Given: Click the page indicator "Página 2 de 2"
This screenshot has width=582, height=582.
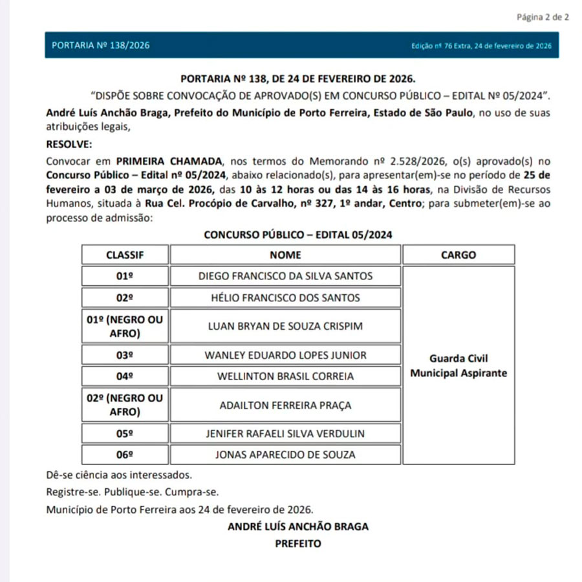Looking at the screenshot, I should click(x=543, y=17).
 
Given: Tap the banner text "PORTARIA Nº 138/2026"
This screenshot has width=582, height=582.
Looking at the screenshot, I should click(x=101, y=46).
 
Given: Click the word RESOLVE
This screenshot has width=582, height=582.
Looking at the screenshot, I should click(x=69, y=144).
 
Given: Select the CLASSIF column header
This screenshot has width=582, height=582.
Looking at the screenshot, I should click(x=125, y=255).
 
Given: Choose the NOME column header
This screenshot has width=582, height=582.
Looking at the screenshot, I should click(x=285, y=255).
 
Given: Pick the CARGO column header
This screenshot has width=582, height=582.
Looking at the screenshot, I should click(x=458, y=255).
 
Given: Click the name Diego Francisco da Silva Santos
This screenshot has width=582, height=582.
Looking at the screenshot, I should click(x=285, y=276).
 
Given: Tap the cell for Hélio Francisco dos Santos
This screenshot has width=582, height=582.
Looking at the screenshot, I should click(x=285, y=298).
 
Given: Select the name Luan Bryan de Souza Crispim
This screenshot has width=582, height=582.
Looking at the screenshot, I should click(x=285, y=327).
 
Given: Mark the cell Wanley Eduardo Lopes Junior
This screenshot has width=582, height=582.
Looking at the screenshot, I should click(x=285, y=355).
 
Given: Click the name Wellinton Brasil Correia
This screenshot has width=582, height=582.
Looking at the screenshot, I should click(x=285, y=376).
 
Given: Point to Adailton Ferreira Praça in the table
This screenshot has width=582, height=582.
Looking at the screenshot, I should click(x=285, y=405).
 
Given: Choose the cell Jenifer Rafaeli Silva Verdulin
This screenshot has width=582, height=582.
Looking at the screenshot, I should click(x=285, y=433).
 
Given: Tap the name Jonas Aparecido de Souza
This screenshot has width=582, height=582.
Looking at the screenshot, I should click(x=285, y=455).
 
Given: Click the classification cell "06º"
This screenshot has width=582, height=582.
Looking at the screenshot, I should click(x=125, y=455).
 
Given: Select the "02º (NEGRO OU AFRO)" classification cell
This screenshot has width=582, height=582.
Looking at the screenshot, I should click(x=125, y=405).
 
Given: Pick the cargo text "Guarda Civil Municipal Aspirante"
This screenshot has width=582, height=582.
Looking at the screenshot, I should click(x=458, y=365).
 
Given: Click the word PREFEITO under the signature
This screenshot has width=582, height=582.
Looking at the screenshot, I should click(x=298, y=544).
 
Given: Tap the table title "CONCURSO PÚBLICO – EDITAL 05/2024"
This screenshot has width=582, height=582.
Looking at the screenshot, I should click(x=298, y=234).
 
